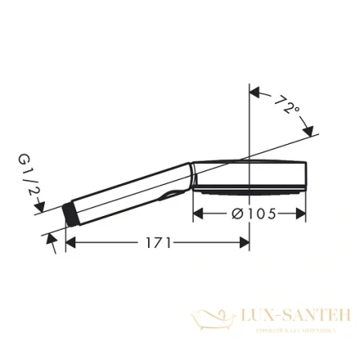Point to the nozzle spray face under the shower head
(x=248, y=193)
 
